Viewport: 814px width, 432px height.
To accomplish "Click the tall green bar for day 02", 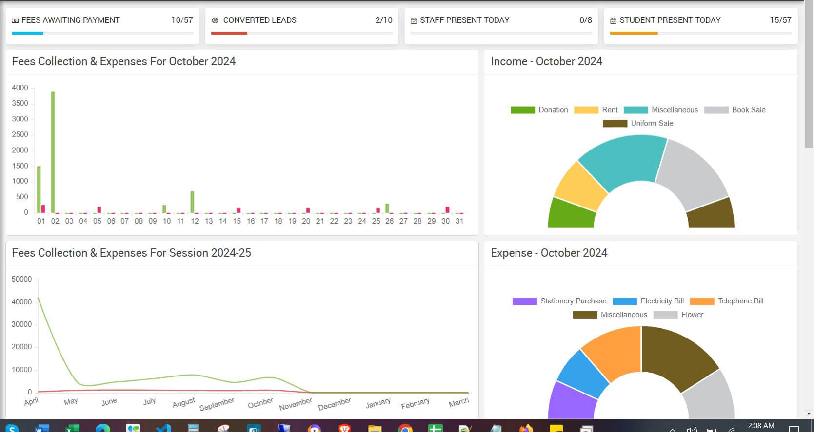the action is tap(53, 152).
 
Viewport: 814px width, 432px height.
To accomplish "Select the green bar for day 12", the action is tap(192, 202).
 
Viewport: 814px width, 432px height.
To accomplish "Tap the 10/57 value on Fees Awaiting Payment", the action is tap(182, 20).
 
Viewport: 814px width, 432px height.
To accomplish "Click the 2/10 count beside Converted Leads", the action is tap(384, 20).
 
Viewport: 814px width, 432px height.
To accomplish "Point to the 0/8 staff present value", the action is tap(585, 20).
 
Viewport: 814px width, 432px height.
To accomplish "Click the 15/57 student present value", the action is tap(780, 20).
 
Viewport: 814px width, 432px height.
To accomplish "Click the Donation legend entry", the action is tap(539, 110).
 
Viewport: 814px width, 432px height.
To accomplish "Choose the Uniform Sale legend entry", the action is tap(638, 123).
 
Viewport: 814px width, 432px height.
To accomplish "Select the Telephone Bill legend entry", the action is tap(726, 301).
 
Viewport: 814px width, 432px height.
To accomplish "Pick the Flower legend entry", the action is tap(678, 315).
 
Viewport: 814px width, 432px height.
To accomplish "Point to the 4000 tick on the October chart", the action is tap(20, 88).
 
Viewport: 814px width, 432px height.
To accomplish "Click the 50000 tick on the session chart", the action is tap(21, 279).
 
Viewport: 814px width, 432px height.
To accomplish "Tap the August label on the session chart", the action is tap(183, 402).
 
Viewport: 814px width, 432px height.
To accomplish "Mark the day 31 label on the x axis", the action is tap(459, 221).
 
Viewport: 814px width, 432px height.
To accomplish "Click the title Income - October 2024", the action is tap(546, 61).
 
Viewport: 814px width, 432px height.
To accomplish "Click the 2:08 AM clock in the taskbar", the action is tap(761, 426).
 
